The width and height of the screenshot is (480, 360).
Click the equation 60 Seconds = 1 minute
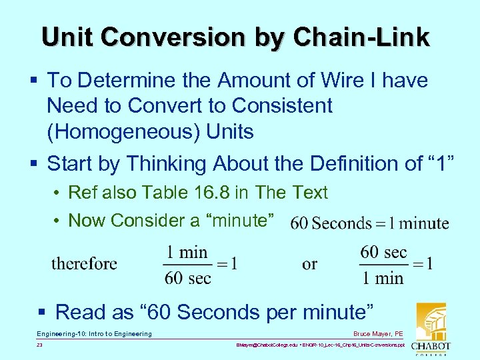point(369,223)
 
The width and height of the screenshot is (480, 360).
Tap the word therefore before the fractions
point(84,263)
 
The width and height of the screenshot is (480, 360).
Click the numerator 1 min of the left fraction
point(187,252)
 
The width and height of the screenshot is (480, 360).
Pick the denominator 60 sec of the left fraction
point(187,277)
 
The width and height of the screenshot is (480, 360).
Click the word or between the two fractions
point(309,264)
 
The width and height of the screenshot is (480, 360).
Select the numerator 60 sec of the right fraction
point(383,252)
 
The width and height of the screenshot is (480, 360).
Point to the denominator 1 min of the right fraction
point(383,277)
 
